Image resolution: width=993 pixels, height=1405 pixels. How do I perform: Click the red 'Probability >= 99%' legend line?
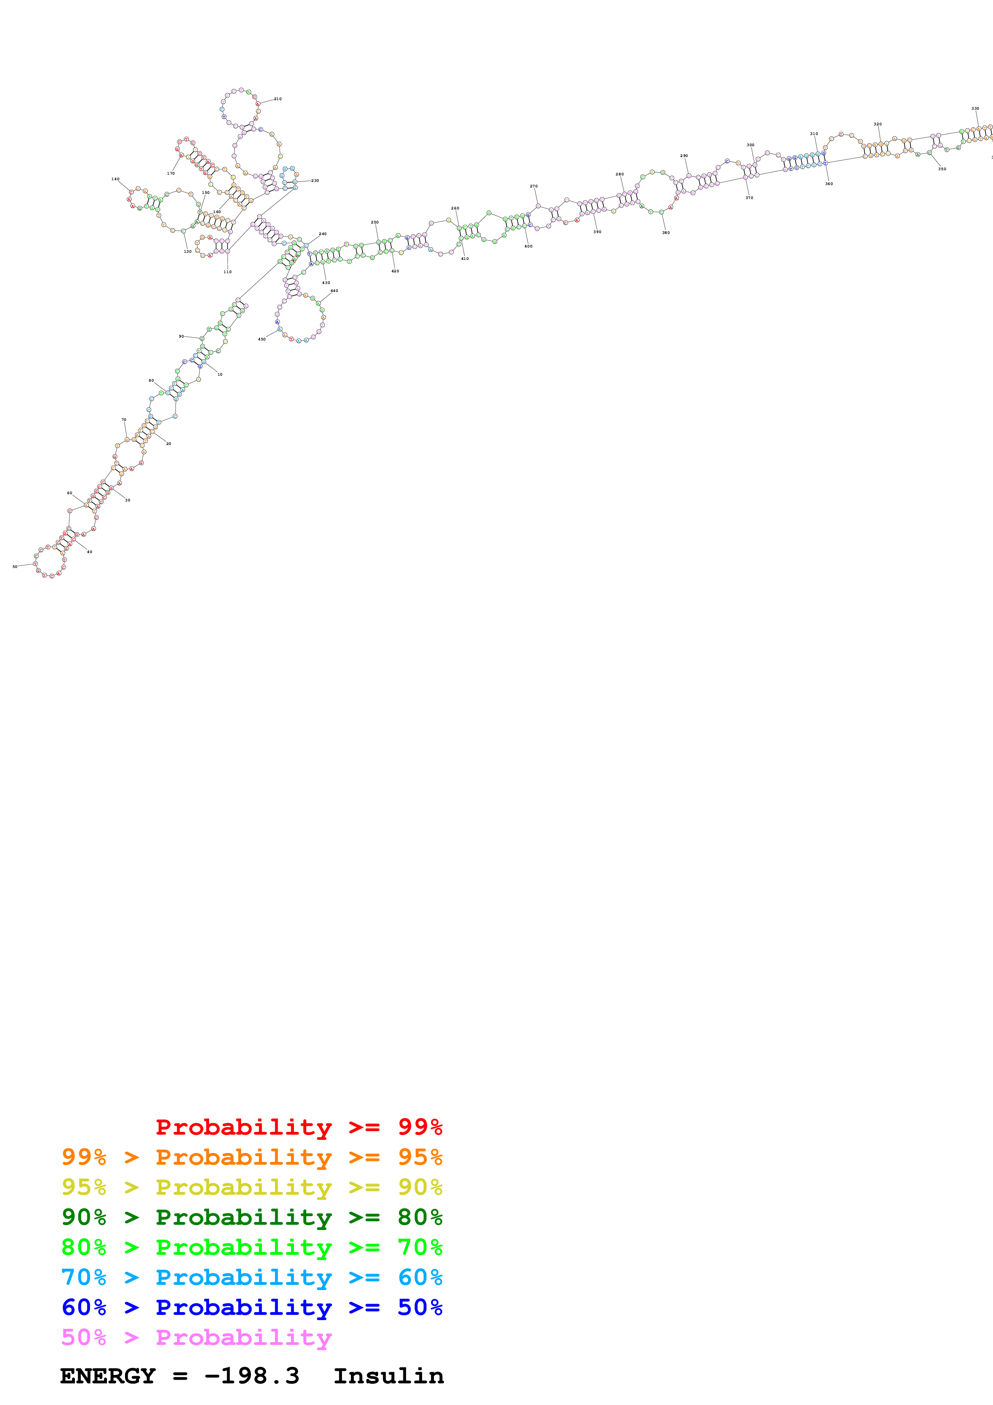[x=298, y=1127]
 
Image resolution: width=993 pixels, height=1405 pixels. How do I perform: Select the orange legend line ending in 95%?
[x=252, y=1157]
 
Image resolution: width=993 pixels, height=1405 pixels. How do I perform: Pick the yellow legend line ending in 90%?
[x=252, y=1187]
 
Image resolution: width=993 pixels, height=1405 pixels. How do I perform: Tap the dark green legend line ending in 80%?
[x=252, y=1217]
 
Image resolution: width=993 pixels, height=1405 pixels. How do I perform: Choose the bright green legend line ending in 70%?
[x=252, y=1247]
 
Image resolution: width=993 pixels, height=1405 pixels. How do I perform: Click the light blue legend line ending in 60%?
[x=252, y=1277]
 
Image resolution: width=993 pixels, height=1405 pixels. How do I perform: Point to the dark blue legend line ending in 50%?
[x=252, y=1307]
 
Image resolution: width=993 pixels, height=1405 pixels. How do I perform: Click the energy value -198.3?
[x=252, y=1376]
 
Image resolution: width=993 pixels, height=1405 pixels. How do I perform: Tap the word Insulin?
[x=389, y=1376]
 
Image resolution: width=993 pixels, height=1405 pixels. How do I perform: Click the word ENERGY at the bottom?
[x=108, y=1376]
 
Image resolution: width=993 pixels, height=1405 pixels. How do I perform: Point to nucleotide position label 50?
[x=15, y=567]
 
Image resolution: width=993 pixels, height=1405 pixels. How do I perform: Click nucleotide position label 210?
[x=278, y=99]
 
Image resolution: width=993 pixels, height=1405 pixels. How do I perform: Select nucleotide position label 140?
[x=115, y=179]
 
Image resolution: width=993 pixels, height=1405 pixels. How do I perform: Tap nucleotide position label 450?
[x=262, y=339]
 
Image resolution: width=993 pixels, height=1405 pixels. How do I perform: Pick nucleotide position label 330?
[x=975, y=108]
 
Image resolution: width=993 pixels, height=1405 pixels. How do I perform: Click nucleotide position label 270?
[x=534, y=186]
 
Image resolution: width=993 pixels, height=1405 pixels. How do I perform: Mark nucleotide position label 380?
[x=666, y=233]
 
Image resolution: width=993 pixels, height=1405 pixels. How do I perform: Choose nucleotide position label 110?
[x=228, y=272]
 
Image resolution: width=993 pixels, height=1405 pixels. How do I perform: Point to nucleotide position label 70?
[x=124, y=420]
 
